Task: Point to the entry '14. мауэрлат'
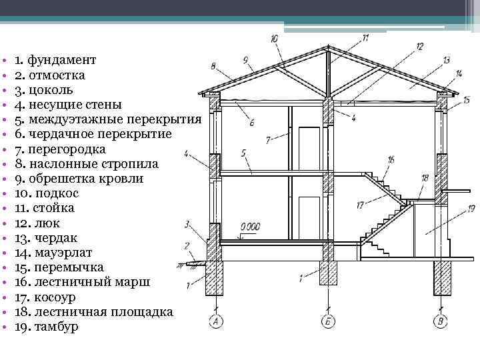[x=53, y=253]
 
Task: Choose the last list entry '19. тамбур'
[x=46, y=327]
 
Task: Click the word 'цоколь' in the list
[x=50, y=89]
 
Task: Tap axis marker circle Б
[x=329, y=323]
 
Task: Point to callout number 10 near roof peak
[x=275, y=39]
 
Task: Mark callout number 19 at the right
[x=471, y=209]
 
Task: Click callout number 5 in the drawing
[x=245, y=153]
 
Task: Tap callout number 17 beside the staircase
[x=359, y=204]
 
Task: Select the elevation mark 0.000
[x=251, y=227]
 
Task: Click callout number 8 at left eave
[x=213, y=65]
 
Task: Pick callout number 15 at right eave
[x=467, y=100]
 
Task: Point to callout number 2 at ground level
[x=188, y=245]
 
